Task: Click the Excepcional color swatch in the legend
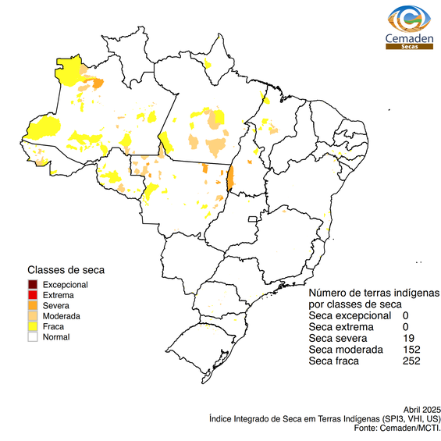coord(33,285)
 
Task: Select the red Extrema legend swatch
coord(33,295)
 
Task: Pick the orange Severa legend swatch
coord(33,306)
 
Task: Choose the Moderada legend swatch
coord(33,316)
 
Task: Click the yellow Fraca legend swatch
coord(33,327)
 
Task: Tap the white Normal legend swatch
coord(33,337)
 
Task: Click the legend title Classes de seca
coord(66,270)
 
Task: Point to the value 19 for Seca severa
coord(408,338)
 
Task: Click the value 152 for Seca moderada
coord(411,350)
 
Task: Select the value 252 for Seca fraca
coord(411,361)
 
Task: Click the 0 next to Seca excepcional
coord(406,315)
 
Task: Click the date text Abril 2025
coord(422,409)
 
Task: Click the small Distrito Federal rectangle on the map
coord(252,221)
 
